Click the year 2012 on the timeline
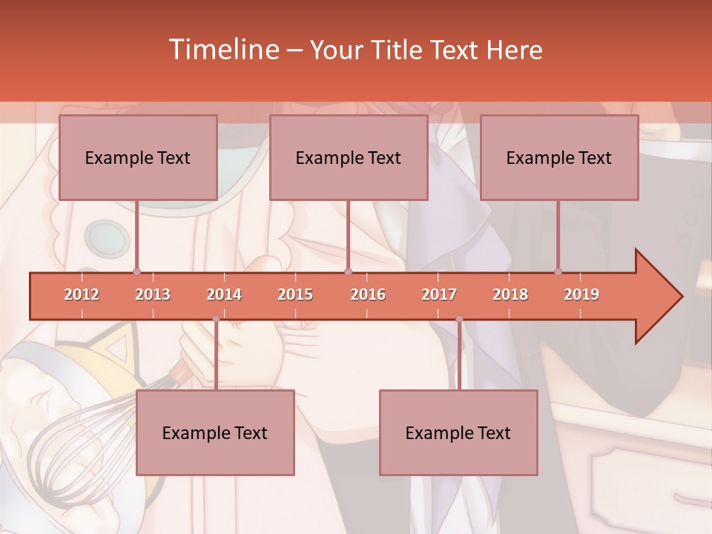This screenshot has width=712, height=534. click(82, 294)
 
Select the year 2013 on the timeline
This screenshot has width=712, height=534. click(153, 294)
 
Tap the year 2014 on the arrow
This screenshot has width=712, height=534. click(224, 294)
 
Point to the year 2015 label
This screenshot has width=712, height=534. click(295, 294)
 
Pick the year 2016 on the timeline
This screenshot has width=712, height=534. click(368, 294)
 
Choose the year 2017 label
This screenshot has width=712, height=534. click(439, 294)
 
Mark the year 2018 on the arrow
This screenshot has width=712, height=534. click(510, 294)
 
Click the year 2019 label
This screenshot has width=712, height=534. click(581, 294)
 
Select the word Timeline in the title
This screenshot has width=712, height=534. click(222, 50)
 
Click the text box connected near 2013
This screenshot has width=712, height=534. click(138, 157)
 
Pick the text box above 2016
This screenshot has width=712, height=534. click(349, 157)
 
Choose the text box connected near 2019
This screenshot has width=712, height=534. click(559, 157)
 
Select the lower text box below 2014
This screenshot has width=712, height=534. click(215, 432)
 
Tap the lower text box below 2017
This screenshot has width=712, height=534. click(458, 432)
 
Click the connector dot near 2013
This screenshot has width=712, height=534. click(136, 272)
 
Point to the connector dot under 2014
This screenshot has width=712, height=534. click(216, 319)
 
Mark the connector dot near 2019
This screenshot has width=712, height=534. click(558, 272)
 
